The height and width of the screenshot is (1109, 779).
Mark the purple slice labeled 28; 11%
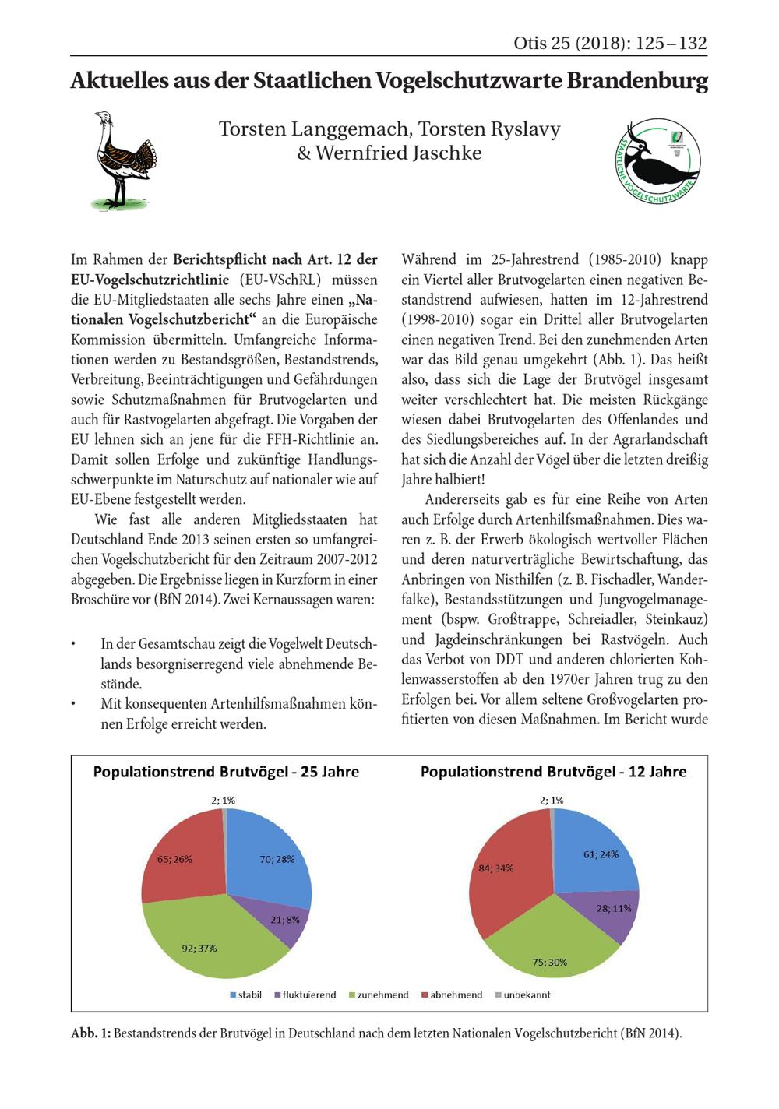click(608, 911)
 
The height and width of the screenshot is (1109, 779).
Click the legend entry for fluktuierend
click(305, 995)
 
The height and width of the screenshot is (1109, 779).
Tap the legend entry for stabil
click(247, 995)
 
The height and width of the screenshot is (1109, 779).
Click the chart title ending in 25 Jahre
click(227, 772)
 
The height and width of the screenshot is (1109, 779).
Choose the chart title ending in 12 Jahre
click(554, 772)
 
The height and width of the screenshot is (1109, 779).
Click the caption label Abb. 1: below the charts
click(91, 1033)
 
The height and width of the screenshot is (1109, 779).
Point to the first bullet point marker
click(73, 646)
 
